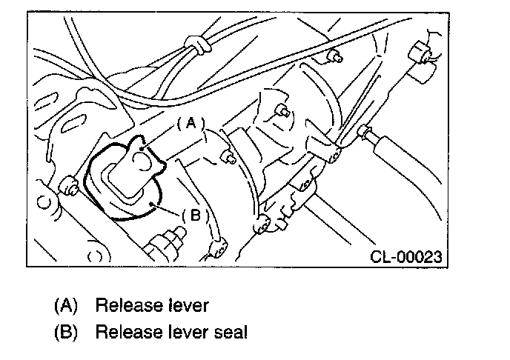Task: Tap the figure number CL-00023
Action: pos(407,257)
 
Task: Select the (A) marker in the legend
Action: pos(65,304)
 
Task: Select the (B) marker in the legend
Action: pos(65,331)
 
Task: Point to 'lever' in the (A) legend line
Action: pos(188,304)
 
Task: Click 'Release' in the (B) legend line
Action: pos(124,331)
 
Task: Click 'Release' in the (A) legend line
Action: pos(124,304)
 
